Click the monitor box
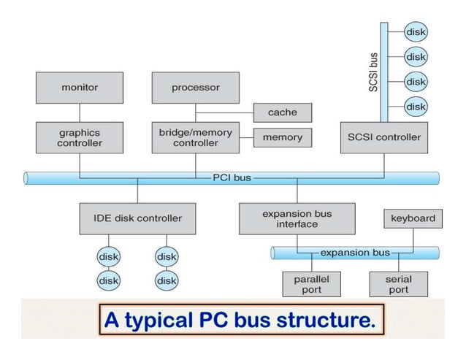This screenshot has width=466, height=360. pyautogui.click(x=80, y=88)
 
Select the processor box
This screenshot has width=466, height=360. pyautogui.click(x=195, y=88)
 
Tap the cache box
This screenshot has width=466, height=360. pyautogui.click(x=282, y=112)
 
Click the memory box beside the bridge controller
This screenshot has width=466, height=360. pyautogui.click(x=282, y=137)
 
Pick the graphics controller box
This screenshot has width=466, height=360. pyautogui.click(x=80, y=138)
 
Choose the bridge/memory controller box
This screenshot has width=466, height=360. pyautogui.click(x=195, y=138)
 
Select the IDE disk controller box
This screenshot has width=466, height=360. pyautogui.click(x=137, y=218)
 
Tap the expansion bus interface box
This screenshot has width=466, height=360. pyautogui.click(x=297, y=218)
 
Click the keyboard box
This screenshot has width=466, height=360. pyautogui.click(x=413, y=218)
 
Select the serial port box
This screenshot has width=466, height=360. pyautogui.click(x=398, y=285)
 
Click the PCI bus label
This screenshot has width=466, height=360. pyautogui.click(x=232, y=177)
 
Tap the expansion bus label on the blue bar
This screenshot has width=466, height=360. pyautogui.click(x=355, y=253)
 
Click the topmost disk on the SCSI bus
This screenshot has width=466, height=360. pyautogui.click(x=416, y=31)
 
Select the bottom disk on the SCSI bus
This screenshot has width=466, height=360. pyautogui.click(x=416, y=107)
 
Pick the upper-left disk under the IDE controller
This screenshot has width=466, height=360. pyautogui.click(x=109, y=256)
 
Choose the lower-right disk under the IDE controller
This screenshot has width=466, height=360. pyautogui.click(x=167, y=280)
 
